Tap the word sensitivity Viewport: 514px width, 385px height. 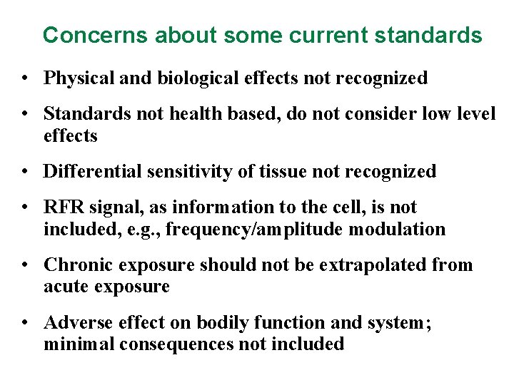click(x=183, y=171)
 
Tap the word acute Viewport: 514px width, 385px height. click(x=67, y=287)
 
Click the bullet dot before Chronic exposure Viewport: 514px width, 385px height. click(x=25, y=265)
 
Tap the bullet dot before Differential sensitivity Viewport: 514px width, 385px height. click(x=25, y=172)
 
